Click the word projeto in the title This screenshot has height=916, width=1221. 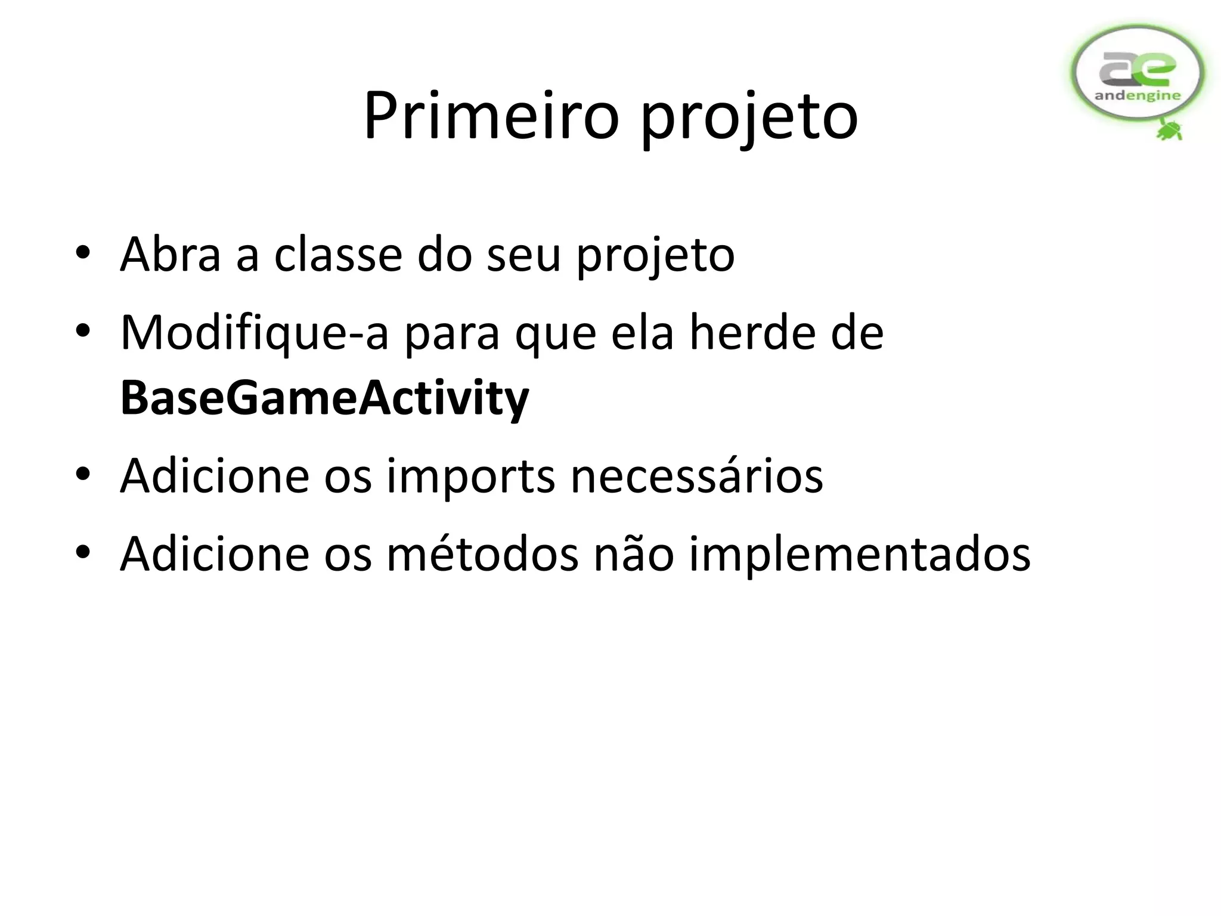pyautogui.click(x=749, y=119)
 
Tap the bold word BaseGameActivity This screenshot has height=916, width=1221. pyautogui.click(x=324, y=398)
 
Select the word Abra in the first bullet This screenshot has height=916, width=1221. pyautogui.click(x=171, y=255)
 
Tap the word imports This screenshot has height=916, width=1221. pyautogui.click(x=470, y=475)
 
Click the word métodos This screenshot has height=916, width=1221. pyautogui.click(x=482, y=554)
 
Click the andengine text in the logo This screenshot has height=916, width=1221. pyautogui.click(x=1138, y=95)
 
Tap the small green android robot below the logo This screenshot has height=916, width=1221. pyautogui.click(x=1170, y=129)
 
